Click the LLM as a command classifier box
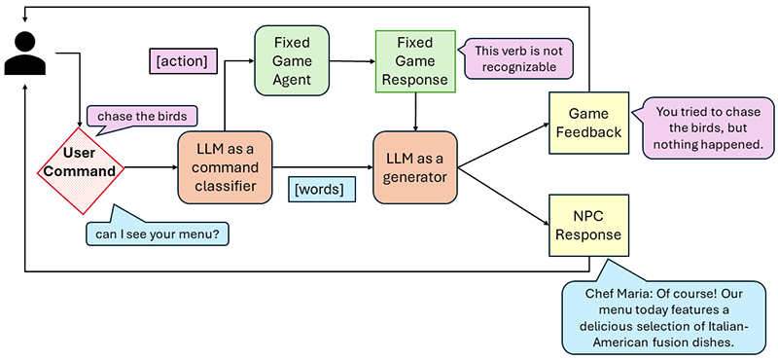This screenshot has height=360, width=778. [225, 167]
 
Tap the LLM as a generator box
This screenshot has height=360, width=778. [415, 167]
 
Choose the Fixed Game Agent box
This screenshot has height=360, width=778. [291, 60]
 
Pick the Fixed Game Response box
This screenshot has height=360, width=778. [416, 60]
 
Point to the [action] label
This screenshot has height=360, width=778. [181, 61]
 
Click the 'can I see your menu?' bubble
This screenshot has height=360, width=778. [156, 234]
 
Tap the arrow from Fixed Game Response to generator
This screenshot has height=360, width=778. [416, 110]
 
